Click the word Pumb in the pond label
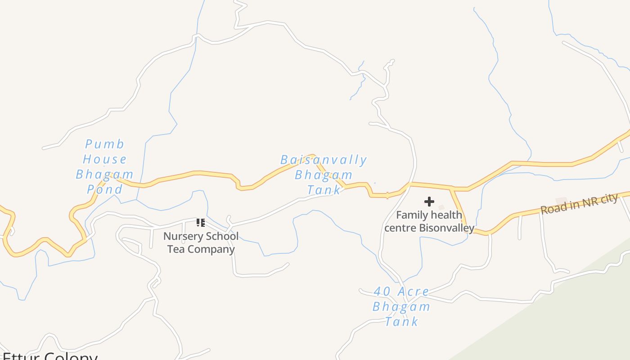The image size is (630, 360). [x=104, y=144]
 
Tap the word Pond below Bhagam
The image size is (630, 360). [x=105, y=189]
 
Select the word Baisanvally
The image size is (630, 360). [x=324, y=160]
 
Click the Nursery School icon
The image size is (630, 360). [x=201, y=223]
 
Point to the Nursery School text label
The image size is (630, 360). [x=201, y=236]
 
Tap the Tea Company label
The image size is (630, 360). [x=201, y=249]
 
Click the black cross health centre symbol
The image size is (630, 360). [x=429, y=202]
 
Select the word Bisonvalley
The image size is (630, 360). [x=446, y=228]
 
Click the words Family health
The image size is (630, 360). [x=429, y=215]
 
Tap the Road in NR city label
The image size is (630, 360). [x=579, y=204]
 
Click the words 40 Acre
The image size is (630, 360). [x=401, y=292]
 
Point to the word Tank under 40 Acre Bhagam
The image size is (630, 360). [x=402, y=321]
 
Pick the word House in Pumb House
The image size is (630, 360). [x=105, y=159]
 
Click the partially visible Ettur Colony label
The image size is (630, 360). [x=49, y=356]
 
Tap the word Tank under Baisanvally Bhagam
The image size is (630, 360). [x=324, y=190]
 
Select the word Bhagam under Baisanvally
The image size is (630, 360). [x=324, y=175]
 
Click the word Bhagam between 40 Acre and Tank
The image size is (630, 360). [x=401, y=307]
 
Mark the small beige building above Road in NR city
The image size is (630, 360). [x=561, y=201]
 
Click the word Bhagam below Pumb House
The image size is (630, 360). [x=105, y=174]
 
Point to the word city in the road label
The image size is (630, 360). [x=607, y=198]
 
